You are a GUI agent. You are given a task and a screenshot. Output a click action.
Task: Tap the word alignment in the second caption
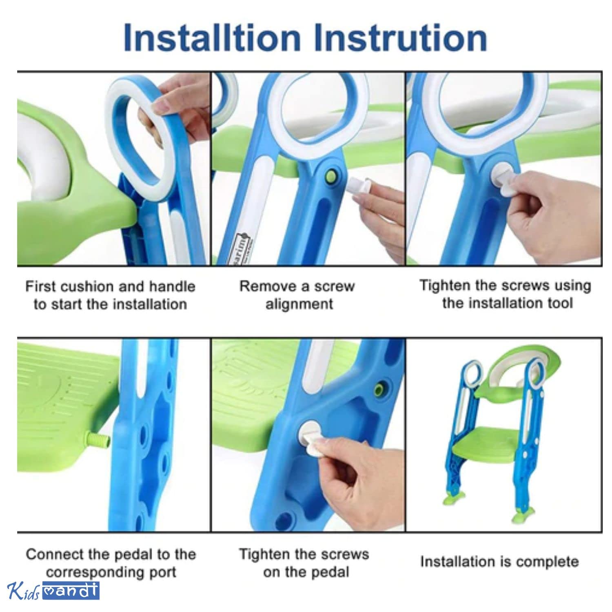pyautogui.click(x=299, y=305)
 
